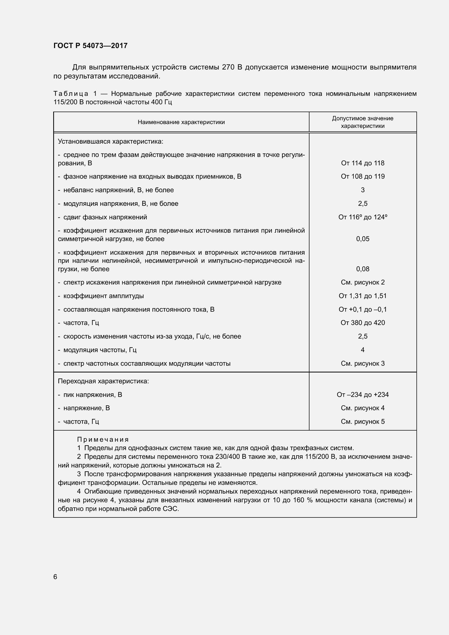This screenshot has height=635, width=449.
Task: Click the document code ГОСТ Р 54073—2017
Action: (90, 46)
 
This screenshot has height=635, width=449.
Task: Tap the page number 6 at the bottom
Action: (55, 577)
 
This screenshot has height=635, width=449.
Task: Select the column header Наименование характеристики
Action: (181, 122)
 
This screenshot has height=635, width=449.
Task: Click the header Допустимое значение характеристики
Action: (362, 122)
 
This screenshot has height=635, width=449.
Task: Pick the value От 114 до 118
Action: (362, 163)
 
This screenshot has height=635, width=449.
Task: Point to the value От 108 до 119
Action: (362, 176)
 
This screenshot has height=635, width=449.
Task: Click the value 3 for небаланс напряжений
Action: (362, 190)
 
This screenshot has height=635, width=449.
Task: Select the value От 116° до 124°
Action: (362, 217)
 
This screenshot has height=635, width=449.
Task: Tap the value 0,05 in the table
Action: (362, 239)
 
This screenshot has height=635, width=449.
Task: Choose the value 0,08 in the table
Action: (362, 269)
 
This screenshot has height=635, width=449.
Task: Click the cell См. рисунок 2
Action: (362, 282)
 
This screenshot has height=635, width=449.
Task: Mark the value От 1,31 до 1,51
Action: (362, 296)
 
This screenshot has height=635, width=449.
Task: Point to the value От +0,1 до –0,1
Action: (362, 309)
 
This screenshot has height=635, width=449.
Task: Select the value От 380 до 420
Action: (362, 323)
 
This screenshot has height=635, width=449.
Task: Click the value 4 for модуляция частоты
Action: (362, 350)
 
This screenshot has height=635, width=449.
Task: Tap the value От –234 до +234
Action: (362, 395)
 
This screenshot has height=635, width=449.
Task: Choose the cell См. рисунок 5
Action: (362, 422)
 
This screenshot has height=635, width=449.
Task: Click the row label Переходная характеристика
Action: (103, 381)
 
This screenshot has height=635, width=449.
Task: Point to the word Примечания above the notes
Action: (103, 440)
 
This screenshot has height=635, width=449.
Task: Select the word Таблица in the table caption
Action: (71, 94)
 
